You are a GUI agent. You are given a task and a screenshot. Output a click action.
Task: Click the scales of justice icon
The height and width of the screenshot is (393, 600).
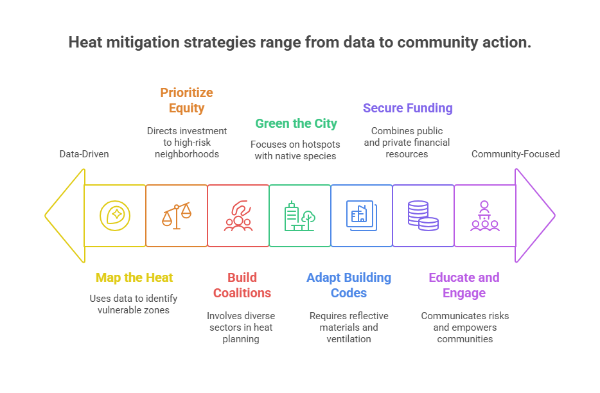coord(177,216)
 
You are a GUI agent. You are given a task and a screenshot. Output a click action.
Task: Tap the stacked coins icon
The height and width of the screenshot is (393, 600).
coord(423,216)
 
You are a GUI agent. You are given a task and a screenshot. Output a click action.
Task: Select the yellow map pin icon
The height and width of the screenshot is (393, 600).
coord(115,216)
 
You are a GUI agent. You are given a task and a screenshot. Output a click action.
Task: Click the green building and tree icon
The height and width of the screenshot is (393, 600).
coord(299,216)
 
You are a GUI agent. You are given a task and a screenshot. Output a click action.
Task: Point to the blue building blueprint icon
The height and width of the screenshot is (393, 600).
coord(362,216)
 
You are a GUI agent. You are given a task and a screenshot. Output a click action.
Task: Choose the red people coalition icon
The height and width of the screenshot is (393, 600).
coord(238,216)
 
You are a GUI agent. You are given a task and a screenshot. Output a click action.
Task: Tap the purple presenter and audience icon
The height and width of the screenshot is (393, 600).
coord(485,216)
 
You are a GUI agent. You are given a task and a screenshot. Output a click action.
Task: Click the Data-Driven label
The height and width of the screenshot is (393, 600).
coord(84,154)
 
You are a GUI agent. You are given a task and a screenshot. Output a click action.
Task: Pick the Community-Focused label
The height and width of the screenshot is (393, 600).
coord(515,154)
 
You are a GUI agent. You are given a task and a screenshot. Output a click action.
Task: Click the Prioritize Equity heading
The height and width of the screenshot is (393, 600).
coord(187,100)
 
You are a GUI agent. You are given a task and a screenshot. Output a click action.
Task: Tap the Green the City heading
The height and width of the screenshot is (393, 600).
coord(296,123)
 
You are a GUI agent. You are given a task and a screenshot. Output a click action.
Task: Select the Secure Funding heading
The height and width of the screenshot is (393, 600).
coord(407,108)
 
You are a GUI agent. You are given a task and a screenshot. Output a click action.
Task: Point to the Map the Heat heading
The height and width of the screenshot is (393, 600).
coord(134,277)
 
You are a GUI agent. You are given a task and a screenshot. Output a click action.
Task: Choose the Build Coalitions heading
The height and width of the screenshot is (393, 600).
coord(242,285)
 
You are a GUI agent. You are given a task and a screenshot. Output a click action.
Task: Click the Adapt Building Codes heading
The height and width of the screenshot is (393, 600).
coord(349,285)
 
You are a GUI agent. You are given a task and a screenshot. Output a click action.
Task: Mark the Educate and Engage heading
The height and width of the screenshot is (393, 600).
coord(464,285)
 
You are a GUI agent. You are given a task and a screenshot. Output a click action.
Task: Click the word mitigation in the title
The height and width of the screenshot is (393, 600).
coord(143,42)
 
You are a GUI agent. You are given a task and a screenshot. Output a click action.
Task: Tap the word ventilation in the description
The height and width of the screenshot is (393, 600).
coord(349,339)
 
